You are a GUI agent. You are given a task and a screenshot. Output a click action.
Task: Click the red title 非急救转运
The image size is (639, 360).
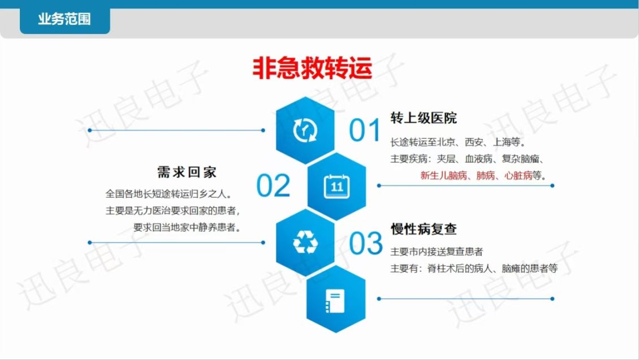click(312, 68)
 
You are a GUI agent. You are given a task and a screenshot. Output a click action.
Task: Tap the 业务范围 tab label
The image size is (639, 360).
click(64, 19)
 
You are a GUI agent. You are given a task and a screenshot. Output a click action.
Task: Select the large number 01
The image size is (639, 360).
click(364, 131)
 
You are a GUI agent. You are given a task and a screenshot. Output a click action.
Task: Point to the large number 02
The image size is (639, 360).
click(273, 186)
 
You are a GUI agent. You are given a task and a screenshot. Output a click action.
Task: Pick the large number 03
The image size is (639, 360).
click(365, 243)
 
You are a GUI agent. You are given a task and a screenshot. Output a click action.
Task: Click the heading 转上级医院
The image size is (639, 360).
click(424, 118)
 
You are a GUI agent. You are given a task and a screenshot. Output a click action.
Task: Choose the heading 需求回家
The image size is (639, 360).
click(187, 172)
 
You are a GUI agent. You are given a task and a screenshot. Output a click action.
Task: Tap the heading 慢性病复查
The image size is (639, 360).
click(424, 229)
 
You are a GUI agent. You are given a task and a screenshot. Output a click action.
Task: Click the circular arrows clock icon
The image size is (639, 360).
click(305, 131)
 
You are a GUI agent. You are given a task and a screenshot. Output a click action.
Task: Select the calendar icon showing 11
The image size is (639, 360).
click(336, 186)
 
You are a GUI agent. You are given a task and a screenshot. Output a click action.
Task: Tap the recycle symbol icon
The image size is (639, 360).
click(305, 242)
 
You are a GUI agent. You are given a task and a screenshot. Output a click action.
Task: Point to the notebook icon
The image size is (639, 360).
click(335, 301)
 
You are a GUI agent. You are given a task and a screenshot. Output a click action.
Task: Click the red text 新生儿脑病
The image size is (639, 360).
click(443, 176)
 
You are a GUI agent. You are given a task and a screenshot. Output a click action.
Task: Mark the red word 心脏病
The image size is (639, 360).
click(518, 176)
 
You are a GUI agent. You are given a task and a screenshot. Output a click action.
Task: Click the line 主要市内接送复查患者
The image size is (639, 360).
click(437, 251)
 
